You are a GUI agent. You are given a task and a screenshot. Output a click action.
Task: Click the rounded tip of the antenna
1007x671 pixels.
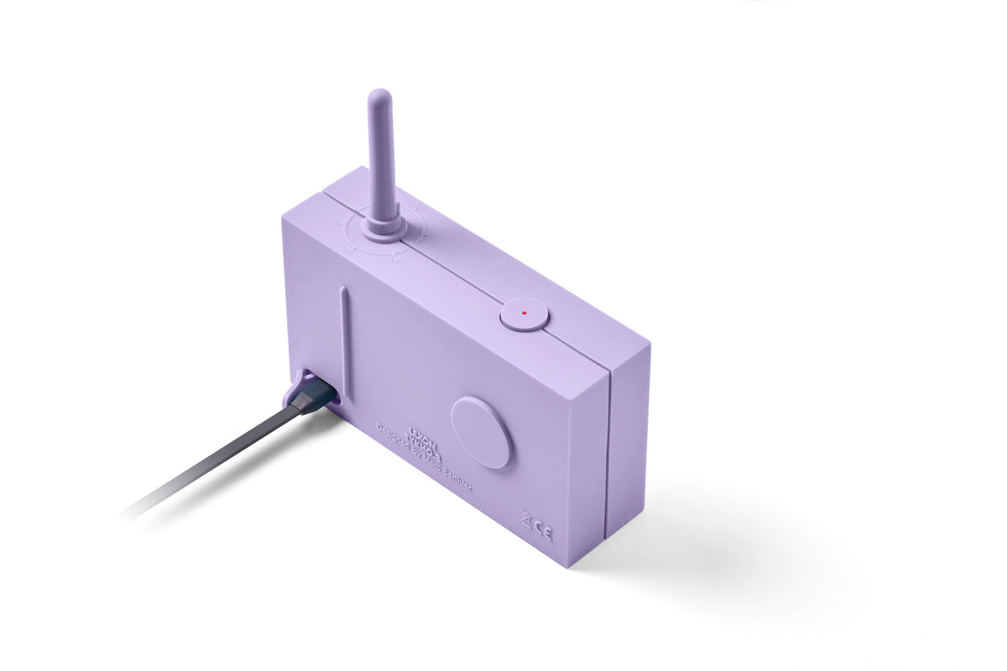(378, 96)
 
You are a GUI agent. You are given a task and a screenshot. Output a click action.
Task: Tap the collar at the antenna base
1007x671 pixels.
(384, 228)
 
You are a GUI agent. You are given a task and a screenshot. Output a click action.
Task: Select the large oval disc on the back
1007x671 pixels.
(481, 432)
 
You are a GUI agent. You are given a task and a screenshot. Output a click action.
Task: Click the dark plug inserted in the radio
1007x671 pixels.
(312, 393)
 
